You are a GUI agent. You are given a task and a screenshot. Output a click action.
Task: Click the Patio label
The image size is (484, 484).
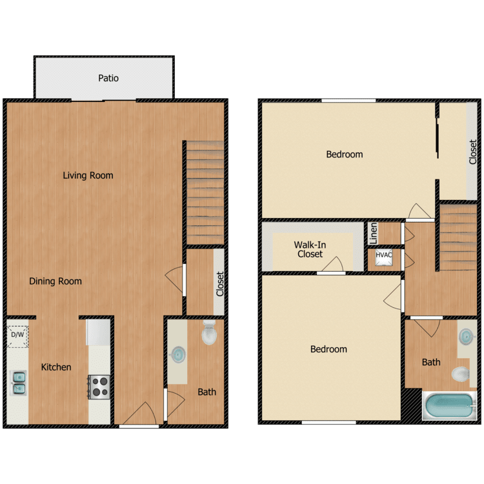tap(108, 79)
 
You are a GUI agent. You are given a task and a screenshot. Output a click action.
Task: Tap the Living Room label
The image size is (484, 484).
tap(88, 176)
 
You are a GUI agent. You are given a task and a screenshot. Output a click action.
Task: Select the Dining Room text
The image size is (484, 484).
tap(55, 281)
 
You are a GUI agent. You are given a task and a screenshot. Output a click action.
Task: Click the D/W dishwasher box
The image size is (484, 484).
tap(17, 335)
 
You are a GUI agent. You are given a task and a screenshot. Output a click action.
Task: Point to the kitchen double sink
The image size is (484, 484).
tap(18, 382)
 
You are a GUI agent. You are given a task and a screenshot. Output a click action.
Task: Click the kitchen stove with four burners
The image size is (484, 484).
tap(99, 387)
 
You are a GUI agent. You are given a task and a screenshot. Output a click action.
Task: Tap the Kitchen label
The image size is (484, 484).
tap(56, 367)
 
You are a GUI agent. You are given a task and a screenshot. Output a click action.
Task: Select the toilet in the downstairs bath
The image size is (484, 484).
tap(210, 333)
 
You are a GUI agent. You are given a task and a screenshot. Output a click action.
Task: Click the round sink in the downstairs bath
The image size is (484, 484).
tap(177, 354)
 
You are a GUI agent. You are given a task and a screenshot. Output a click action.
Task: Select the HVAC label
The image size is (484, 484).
tap(384, 256)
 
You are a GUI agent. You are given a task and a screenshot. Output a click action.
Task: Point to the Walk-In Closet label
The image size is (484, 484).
tap(310, 249)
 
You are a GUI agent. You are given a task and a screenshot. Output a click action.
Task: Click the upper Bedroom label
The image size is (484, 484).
tap(344, 154)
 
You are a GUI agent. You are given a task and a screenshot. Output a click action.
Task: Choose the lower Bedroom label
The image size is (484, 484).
tap(328, 349)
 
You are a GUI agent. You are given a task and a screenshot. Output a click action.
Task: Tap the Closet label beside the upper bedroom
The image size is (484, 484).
tap(472, 152)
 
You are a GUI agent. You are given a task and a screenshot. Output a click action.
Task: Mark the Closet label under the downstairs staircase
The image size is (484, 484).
tap(220, 283)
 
